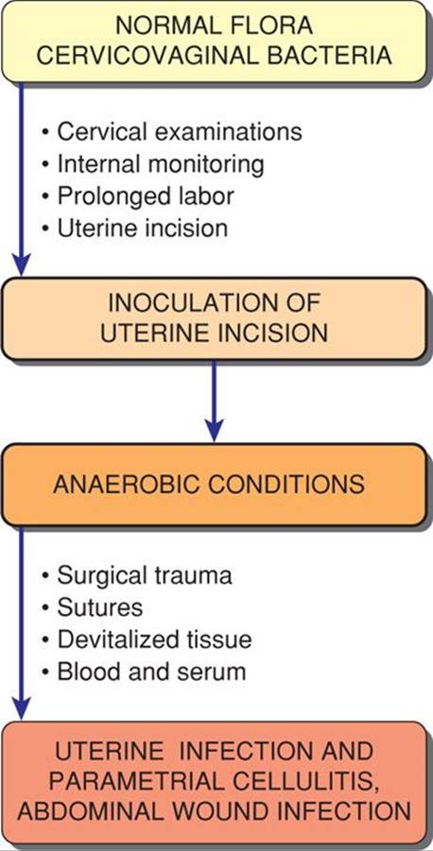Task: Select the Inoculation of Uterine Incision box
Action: [214, 318]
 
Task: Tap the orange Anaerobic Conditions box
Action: [214, 485]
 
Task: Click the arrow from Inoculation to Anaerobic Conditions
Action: [214, 401]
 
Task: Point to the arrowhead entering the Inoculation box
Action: [21, 266]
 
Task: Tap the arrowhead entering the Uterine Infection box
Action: [21, 709]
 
